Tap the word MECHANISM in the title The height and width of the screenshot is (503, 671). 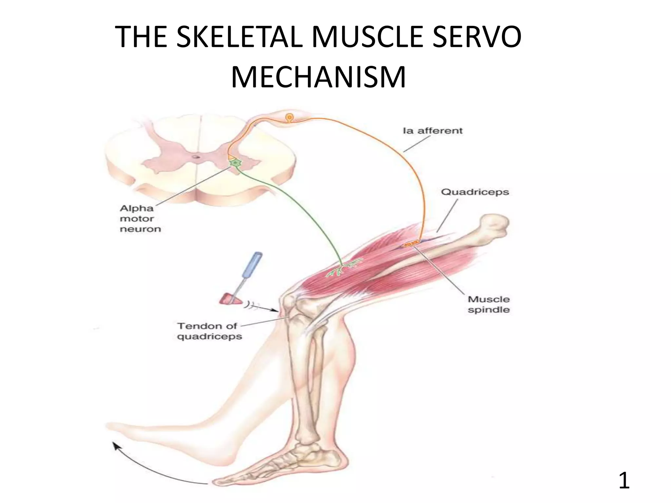coord(318,78)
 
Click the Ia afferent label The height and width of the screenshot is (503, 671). coord(432,131)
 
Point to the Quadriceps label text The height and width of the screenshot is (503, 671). coord(475,192)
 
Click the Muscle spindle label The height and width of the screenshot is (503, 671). coord(489,304)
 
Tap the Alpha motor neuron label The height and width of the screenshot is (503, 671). coord(140,218)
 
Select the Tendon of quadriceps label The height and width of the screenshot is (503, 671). coord(209,331)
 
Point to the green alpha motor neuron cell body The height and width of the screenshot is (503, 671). coord(235,162)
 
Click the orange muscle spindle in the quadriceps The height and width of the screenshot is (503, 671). coord(411,244)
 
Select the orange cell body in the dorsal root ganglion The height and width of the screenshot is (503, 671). coord(289,117)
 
